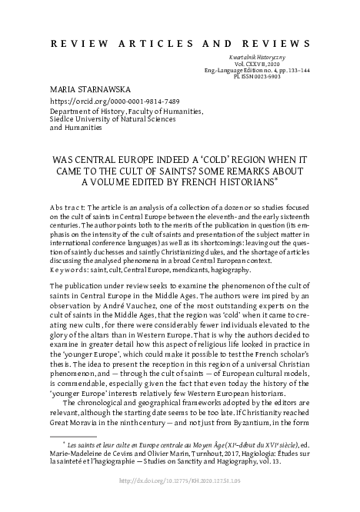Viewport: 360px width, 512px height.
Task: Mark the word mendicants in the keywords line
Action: point(212,271)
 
